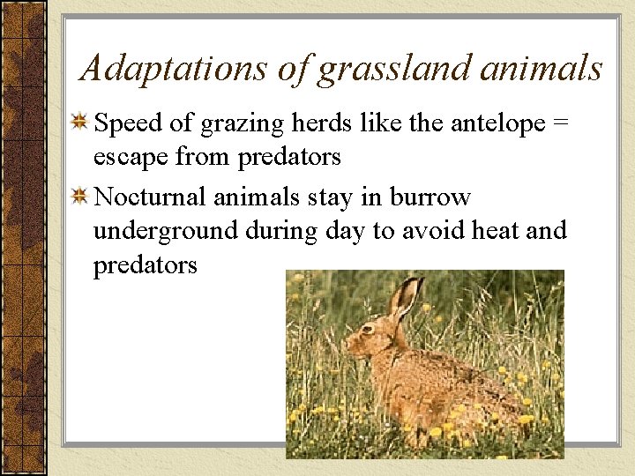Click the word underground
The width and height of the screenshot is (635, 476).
point(166,231)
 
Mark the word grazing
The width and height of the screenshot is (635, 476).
point(240,125)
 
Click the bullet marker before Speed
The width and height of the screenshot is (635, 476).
point(79,124)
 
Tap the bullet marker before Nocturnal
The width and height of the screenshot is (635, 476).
point(79,197)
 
